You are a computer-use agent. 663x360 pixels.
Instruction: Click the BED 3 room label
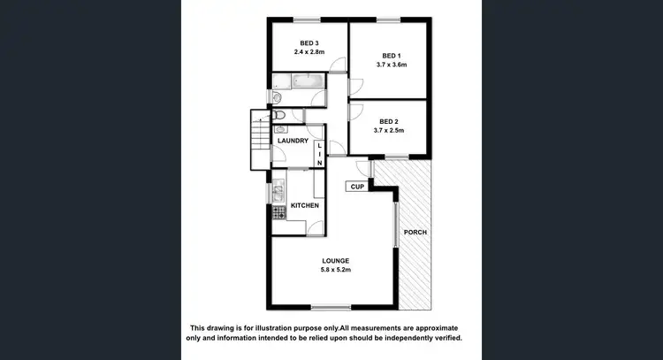(x=309, y=43)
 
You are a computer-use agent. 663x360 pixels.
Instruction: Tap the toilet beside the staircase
(x=280, y=115)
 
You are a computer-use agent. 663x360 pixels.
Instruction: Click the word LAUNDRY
(x=293, y=142)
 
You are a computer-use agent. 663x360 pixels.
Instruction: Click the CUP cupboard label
(x=357, y=187)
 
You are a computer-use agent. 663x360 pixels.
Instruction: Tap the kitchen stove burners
(x=278, y=211)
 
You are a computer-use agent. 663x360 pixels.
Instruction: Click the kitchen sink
(x=278, y=189)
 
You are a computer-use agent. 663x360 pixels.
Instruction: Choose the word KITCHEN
(x=305, y=206)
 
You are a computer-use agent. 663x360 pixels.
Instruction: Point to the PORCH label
(x=415, y=233)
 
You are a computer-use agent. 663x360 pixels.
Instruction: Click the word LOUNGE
(x=335, y=260)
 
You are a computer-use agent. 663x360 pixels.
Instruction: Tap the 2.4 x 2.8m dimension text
(x=309, y=52)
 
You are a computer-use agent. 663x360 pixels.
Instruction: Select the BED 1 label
(x=389, y=56)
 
